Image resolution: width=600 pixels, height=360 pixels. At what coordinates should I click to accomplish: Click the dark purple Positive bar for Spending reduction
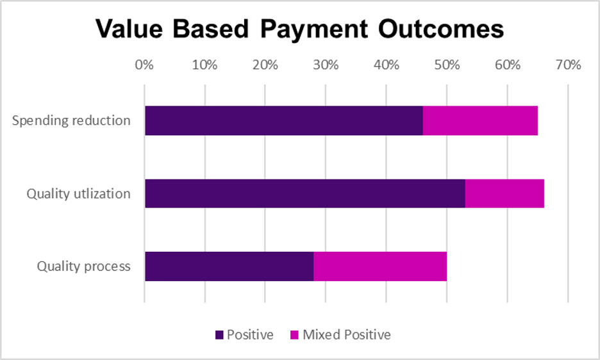point(283,120)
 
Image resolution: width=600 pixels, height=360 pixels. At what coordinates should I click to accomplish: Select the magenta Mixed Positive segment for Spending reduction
point(480,120)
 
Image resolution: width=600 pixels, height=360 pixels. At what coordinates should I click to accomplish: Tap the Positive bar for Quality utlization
point(304,193)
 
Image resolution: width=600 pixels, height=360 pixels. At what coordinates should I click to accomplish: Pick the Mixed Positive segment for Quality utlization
point(504,193)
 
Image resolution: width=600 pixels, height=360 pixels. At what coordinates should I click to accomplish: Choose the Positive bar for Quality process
point(229,266)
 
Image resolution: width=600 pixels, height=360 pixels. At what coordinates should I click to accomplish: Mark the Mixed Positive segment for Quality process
point(380,266)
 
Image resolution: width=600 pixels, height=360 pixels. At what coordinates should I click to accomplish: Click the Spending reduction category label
point(71,120)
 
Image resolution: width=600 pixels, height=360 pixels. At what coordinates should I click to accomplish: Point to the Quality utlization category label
point(78,193)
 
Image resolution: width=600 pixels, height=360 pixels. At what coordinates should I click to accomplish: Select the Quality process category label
point(83,266)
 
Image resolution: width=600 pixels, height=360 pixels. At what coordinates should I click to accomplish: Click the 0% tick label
point(144,65)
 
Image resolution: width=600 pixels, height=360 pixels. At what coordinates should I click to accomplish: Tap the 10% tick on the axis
point(204,65)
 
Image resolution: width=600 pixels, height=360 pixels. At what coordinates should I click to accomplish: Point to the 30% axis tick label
point(326,65)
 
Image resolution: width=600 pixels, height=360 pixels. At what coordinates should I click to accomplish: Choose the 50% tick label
point(447,65)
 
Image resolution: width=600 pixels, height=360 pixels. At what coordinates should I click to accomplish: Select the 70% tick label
point(568,65)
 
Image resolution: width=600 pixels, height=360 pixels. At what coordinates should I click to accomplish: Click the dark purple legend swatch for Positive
point(220,335)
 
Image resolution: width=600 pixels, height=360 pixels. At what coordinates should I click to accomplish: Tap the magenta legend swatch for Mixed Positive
point(295,335)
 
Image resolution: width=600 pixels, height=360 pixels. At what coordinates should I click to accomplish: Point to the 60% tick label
point(507,65)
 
